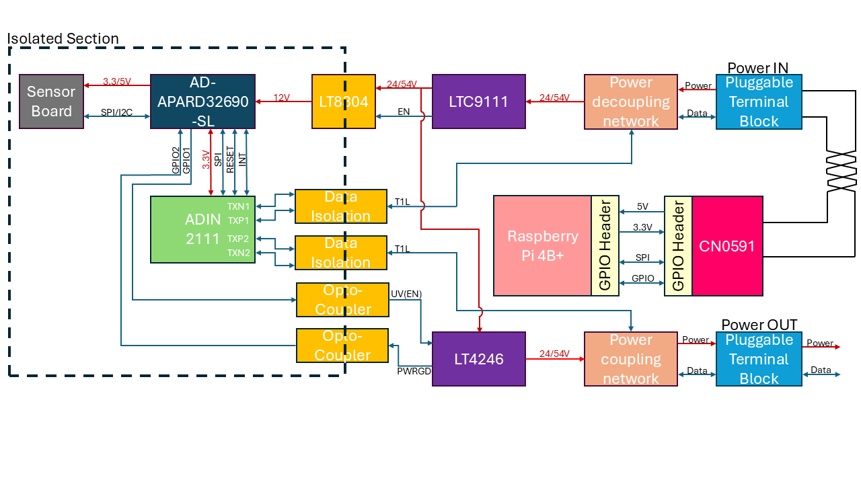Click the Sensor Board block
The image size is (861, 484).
[51, 102]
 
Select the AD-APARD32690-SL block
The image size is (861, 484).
[202, 102]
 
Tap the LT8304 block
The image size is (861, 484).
[343, 102]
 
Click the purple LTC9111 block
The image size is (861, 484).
[478, 102]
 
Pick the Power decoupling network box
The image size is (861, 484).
[631, 102]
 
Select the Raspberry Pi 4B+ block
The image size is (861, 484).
[542, 245]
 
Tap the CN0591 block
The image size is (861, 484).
[727, 246]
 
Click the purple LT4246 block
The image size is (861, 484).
[478, 359]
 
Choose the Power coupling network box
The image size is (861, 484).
[631, 359]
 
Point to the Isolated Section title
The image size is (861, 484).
[63, 38]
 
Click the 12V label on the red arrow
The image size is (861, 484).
[282, 98]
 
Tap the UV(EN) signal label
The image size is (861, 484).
[406, 294]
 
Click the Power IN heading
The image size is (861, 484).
[757, 67]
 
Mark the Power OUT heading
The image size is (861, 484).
[759, 325]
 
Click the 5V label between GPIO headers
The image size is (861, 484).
[643, 206]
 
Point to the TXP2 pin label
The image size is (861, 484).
[238, 239]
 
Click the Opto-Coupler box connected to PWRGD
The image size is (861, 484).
[342, 346]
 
